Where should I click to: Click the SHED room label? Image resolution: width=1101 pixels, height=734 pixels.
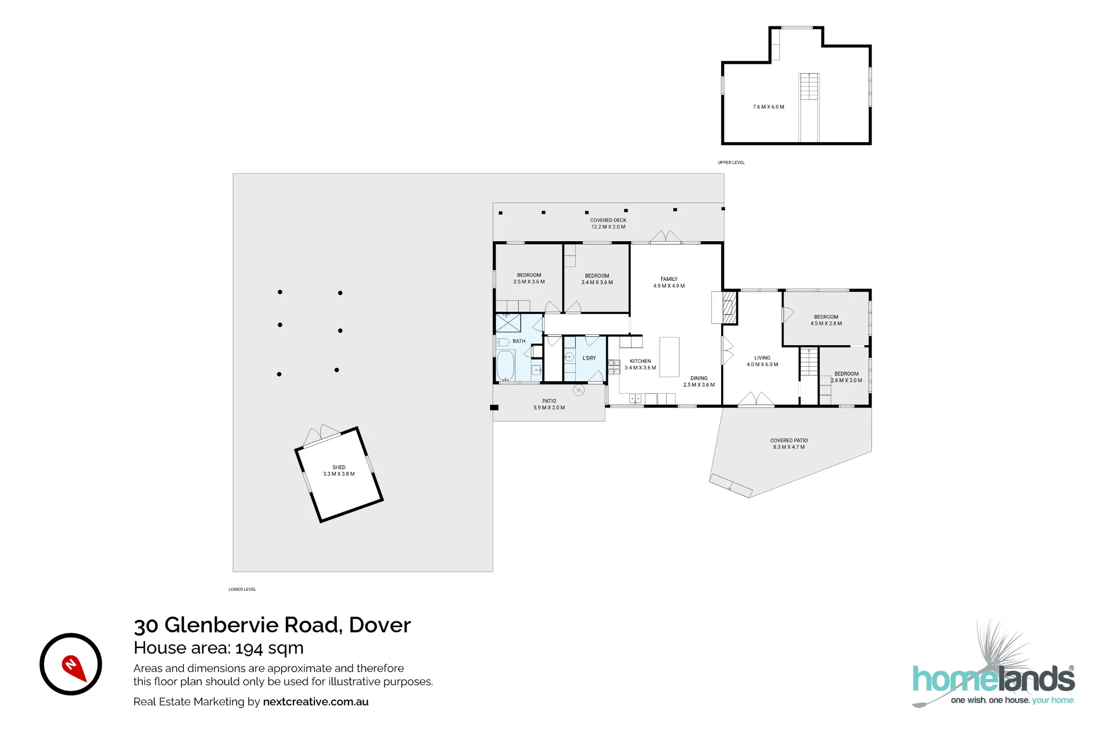339,467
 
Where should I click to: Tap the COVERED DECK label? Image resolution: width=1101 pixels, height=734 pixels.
608,220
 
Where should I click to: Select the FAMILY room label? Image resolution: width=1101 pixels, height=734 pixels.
669,279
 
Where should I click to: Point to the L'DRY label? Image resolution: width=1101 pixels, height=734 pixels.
589,358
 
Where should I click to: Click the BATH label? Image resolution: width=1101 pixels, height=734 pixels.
519,341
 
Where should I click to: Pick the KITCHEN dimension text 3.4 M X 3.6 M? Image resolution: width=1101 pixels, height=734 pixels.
640,368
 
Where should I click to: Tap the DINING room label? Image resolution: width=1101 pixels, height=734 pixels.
699,378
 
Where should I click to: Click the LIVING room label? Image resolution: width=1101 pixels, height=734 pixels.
762,358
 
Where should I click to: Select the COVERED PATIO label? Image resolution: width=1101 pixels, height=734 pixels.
789,441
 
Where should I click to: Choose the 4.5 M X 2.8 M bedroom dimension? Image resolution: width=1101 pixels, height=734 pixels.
826,324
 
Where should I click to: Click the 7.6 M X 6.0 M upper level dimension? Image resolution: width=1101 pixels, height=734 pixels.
768,107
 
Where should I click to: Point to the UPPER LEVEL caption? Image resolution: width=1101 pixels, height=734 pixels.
731,162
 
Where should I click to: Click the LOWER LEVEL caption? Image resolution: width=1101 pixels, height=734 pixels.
242,589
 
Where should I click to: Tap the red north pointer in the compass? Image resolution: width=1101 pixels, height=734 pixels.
74,667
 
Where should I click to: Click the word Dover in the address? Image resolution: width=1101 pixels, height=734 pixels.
380,625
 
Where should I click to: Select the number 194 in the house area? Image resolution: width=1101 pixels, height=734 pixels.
249,648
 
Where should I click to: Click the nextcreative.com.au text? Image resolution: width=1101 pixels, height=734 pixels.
316,702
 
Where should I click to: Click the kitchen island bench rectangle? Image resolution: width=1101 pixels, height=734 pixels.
669,357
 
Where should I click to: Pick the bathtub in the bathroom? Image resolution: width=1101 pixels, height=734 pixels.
505,365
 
